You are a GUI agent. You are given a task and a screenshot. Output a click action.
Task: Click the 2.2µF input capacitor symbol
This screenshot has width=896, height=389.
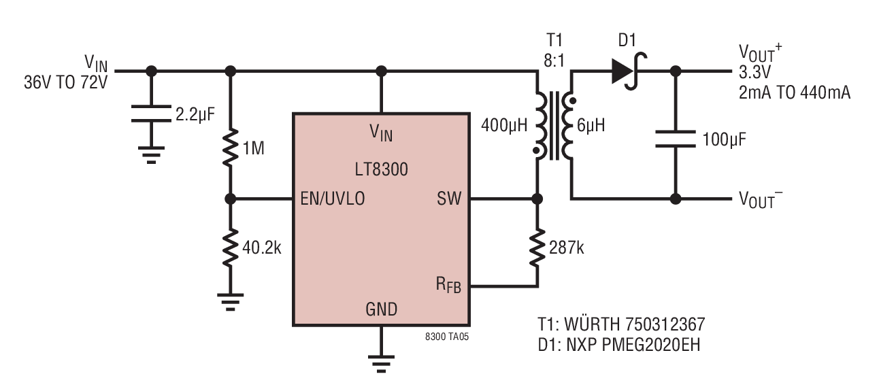pyautogui.click(x=151, y=112)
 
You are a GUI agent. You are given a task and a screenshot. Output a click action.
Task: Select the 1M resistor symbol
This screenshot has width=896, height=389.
pyautogui.click(x=231, y=146)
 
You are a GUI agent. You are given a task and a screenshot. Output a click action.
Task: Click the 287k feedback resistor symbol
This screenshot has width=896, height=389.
pyautogui.click(x=537, y=248)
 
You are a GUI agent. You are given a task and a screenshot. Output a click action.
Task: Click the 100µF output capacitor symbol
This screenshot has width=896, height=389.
pyautogui.click(x=676, y=139)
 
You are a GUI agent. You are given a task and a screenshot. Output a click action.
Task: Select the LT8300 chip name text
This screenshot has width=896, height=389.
pyautogui.click(x=381, y=170)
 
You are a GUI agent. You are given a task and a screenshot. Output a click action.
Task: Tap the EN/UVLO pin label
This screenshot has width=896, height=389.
pyautogui.click(x=332, y=199)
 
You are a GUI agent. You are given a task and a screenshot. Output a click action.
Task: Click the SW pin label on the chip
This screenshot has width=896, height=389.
pyautogui.click(x=449, y=199)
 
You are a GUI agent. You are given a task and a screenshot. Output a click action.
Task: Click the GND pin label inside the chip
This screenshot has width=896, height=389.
pyautogui.click(x=381, y=309)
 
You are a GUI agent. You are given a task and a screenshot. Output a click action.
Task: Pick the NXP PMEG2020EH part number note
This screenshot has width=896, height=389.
pyautogui.click(x=618, y=345)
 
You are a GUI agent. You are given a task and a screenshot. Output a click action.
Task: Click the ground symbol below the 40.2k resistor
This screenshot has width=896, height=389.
pyautogui.click(x=231, y=301)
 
